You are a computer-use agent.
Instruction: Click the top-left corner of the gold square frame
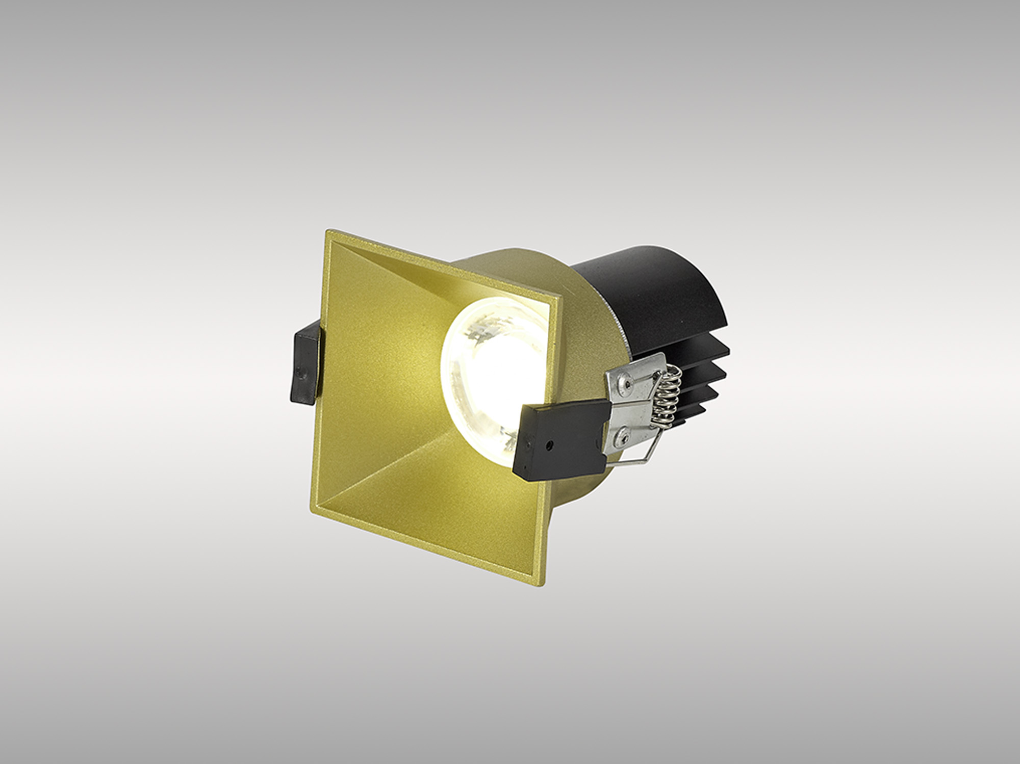coord(326,232)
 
